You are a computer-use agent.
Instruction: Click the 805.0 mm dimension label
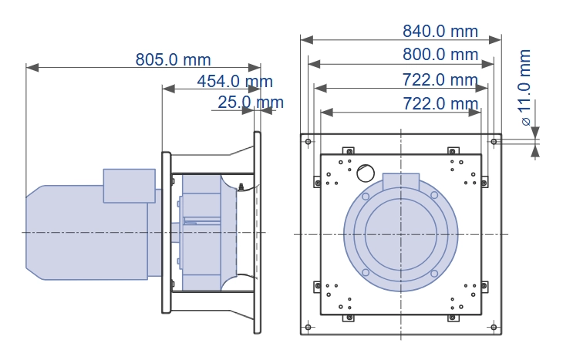[173, 59]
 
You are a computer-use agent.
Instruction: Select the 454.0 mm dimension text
[234, 81]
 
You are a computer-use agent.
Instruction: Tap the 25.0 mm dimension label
[251, 103]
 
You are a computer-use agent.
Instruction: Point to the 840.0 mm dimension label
[440, 32]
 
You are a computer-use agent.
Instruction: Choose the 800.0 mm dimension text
[440, 55]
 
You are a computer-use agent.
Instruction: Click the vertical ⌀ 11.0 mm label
[525, 88]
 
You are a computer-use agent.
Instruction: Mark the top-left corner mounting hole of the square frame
[308, 142]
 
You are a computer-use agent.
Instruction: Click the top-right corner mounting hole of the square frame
[494, 142]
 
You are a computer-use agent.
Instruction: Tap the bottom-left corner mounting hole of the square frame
[308, 327]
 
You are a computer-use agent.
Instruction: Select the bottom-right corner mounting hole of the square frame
[494, 327]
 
